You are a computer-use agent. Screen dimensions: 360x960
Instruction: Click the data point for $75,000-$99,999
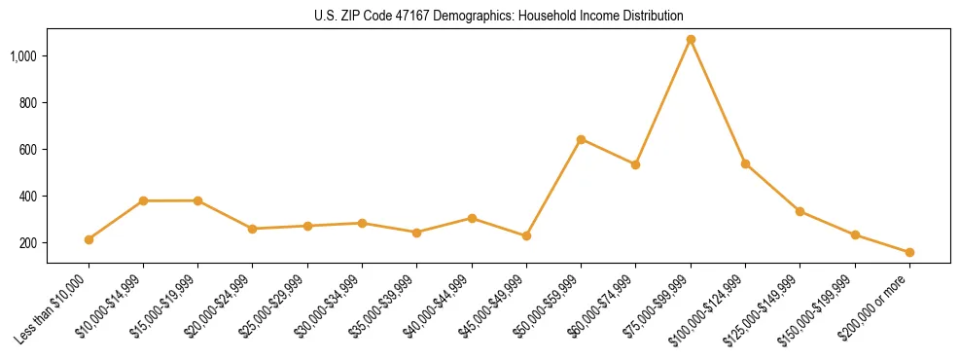click(x=691, y=40)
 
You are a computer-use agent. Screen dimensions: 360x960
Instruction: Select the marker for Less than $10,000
click(x=89, y=239)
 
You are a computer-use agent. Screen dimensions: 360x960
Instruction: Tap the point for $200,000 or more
click(x=909, y=252)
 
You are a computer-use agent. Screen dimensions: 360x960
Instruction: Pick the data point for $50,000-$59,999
click(x=581, y=139)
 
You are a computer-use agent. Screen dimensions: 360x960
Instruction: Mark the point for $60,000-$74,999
click(x=635, y=164)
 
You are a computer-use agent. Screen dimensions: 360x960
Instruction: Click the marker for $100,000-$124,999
click(x=745, y=163)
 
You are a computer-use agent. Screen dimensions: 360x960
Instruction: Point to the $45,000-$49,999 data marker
click(x=526, y=235)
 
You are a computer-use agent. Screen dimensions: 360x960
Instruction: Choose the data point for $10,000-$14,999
click(x=143, y=200)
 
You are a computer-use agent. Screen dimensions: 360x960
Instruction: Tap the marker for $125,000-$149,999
click(x=800, y=211)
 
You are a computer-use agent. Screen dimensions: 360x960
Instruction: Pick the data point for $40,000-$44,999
click(x=472, y=218)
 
